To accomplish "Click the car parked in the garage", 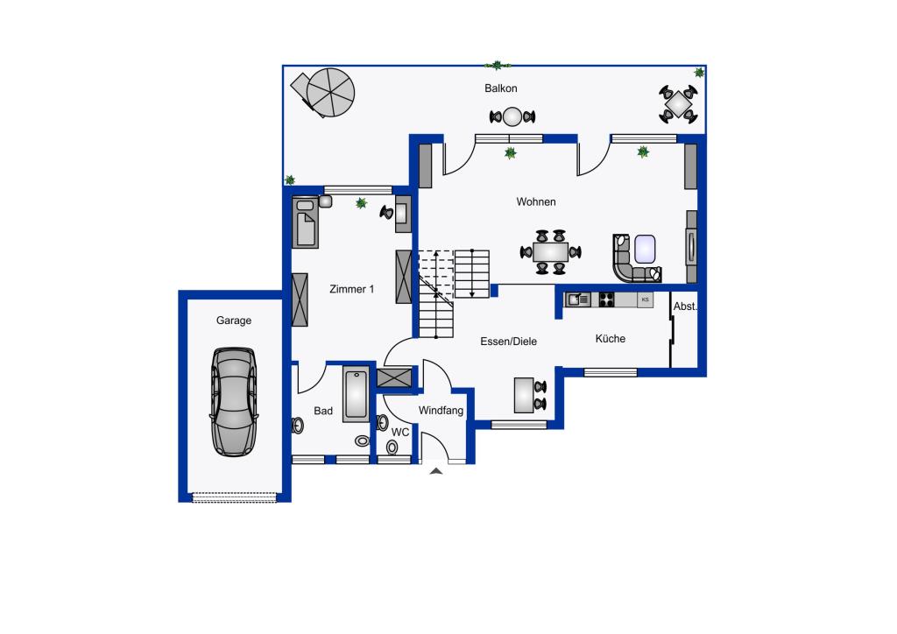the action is [x=234, y=402].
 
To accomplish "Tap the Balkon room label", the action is [x=500, y=88].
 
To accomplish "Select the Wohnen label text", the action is [x=536, y=201].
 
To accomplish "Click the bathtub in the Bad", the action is [x=357, y=395].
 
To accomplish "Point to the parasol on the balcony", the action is [x=330, y=93].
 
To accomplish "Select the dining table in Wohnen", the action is [x=550, y=252].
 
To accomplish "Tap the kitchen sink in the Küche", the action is [x=578, y=299].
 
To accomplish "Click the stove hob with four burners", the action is [x=606, y=299].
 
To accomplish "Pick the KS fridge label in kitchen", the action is [x=646, y=299].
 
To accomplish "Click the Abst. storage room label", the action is [x=685, y=306].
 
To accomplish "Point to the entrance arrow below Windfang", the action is [x=436, y=471].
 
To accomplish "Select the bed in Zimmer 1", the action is [x=305, y=222].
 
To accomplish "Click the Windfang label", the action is [x=441, y=411].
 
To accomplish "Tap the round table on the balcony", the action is [x=512, y=116].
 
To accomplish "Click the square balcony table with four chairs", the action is [x=678, y=104].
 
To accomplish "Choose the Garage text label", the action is [x=233, y=321].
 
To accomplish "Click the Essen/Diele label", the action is [x=509, y=342].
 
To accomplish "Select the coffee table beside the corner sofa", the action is [x=645, y=249].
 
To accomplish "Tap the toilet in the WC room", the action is [x=392, y=447].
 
